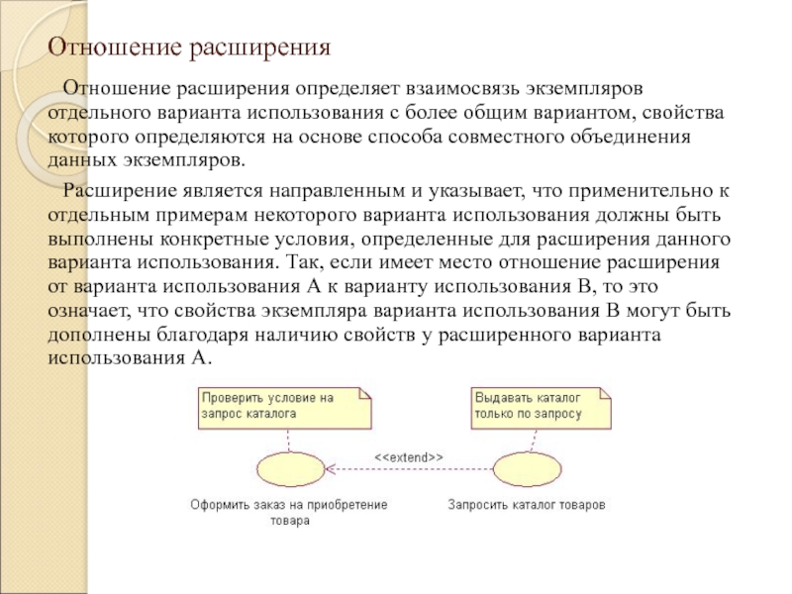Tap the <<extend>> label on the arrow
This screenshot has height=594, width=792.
coord(407,457)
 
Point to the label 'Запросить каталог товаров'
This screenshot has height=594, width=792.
coord(526,505)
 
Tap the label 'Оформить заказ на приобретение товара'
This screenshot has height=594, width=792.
coord(289,513)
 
